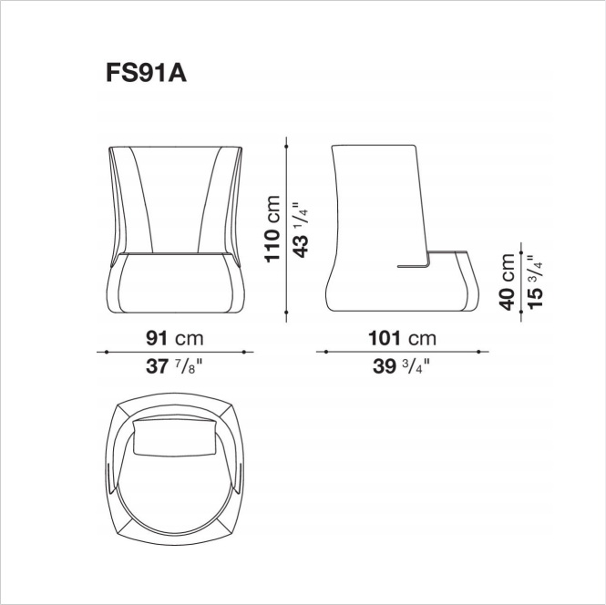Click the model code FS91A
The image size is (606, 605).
146,73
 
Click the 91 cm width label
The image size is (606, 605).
174,338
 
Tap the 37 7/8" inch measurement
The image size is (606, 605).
174,365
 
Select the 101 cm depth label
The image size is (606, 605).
402,338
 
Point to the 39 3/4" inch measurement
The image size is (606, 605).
401,365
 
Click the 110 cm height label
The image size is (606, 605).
272,229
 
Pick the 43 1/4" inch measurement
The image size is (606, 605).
301,230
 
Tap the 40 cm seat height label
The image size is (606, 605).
507,282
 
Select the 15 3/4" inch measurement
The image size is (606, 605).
536,282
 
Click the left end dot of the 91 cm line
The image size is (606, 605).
107,352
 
